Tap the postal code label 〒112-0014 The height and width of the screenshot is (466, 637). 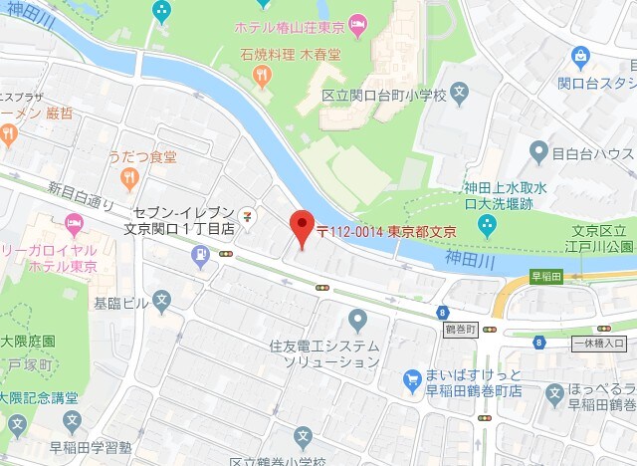tap(348, 231)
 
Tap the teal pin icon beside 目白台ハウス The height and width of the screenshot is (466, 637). tap(539, 152)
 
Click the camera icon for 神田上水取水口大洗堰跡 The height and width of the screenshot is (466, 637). tap(487, 225)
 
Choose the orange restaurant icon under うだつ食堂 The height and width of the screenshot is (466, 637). tap(128, 178)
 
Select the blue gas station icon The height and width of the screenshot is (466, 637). tap(201, 256)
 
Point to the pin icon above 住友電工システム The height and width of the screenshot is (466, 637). tap(358, 320)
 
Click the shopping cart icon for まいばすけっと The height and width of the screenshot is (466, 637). tap(413, 380)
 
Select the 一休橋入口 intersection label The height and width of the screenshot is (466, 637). tap(599, 344)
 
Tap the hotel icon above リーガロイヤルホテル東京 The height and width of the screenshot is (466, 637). tap(74, 221)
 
